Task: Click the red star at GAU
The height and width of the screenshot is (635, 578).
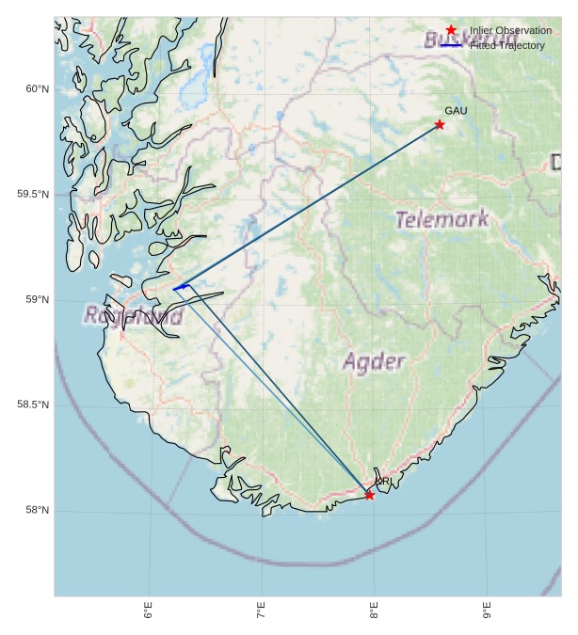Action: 440,124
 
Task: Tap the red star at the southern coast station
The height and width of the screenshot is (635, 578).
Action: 369,495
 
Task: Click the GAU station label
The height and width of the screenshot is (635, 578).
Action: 456,111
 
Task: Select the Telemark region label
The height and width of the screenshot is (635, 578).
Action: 442,220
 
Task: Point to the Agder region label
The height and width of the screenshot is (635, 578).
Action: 374,361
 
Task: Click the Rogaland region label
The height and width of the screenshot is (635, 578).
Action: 133,316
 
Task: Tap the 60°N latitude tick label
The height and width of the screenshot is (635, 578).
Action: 36,89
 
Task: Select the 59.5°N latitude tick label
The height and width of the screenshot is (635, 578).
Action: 32,195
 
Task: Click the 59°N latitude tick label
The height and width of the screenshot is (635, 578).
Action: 36,300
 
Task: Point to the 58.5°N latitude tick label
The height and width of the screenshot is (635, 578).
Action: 32,405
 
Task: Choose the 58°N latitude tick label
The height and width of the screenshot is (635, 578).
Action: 36,511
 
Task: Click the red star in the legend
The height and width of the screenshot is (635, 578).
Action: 451,30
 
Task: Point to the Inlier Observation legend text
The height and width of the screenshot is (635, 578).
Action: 510,30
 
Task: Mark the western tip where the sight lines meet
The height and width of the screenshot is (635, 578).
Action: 174,289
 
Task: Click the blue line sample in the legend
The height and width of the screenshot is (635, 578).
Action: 451,45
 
